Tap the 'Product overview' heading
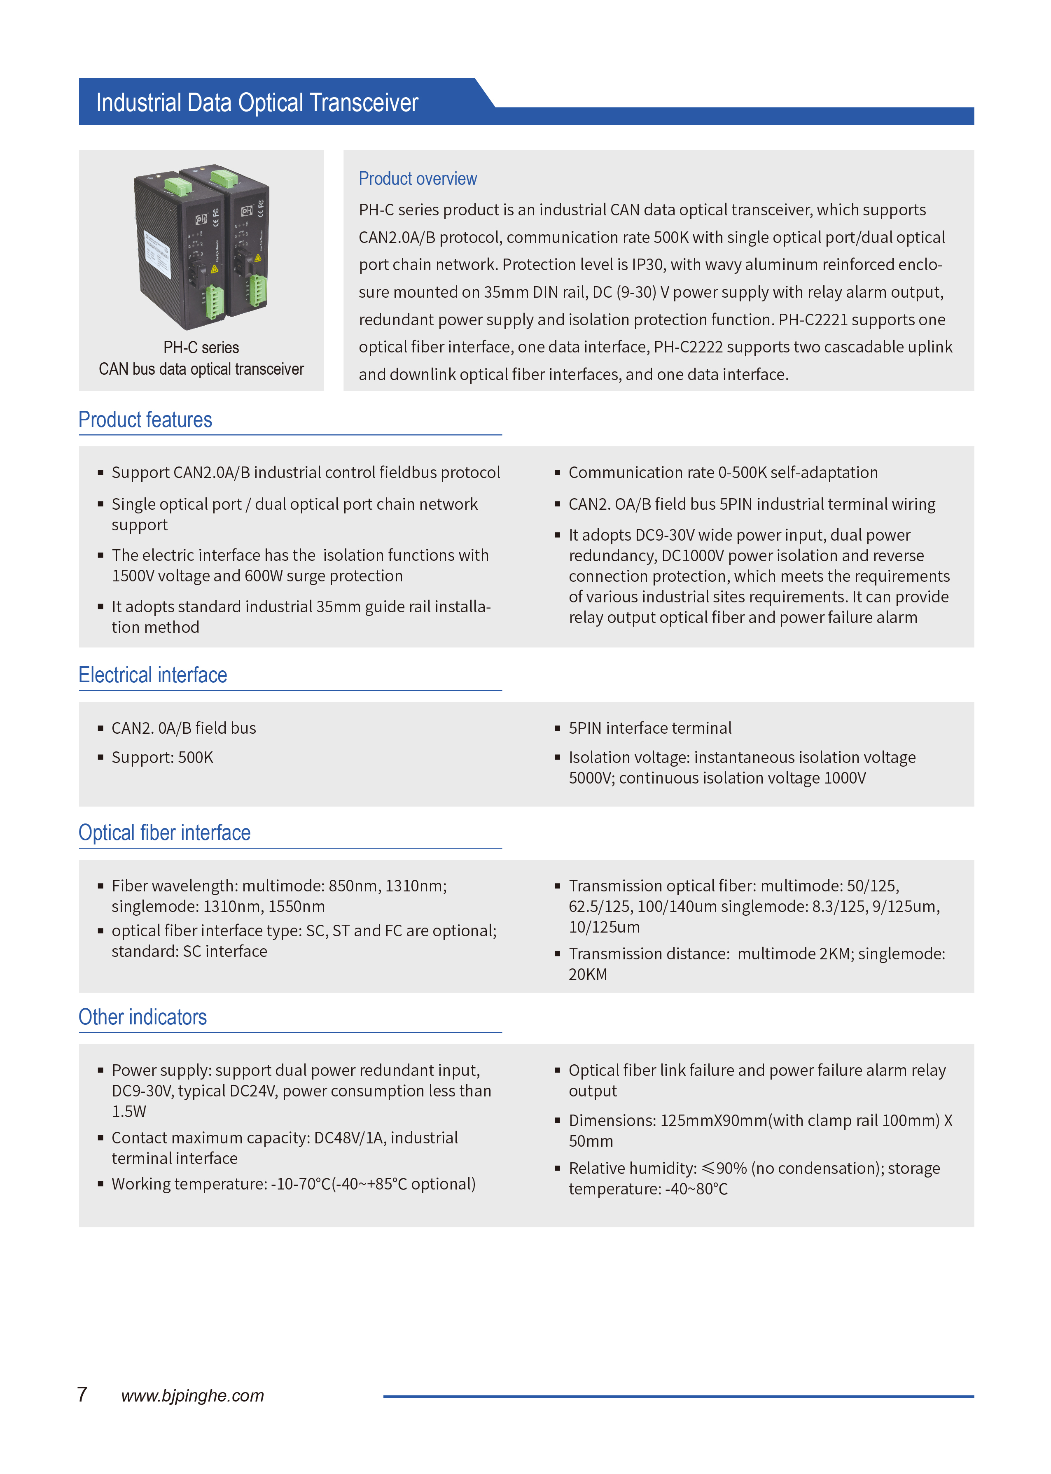click(x=418, y=179)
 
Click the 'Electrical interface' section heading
click(x=153, y=675)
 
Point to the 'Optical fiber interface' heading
click(x=164, y=833)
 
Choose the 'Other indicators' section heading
click(x=142, y=1017)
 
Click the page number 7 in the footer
click(x=82, y=1395)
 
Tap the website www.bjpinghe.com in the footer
click(x=192, y=1396)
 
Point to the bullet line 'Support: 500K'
click(x=162, y=757)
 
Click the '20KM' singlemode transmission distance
click(x=588, y=975)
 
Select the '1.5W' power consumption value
click(x=129, y=1112)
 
